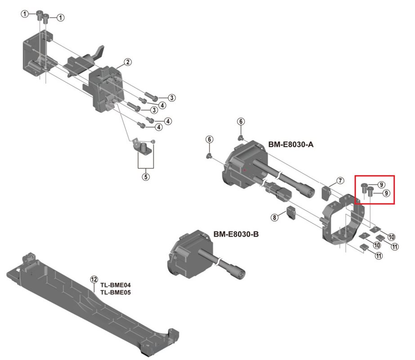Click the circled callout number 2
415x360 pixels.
128,62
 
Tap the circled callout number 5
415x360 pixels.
145,176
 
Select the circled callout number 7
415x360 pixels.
340,180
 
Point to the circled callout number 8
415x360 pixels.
275,217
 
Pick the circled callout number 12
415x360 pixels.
94,279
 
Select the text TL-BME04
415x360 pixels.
115,285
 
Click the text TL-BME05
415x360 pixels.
115,292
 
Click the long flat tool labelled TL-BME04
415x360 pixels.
90,301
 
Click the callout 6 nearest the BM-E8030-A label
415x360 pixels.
241,121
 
